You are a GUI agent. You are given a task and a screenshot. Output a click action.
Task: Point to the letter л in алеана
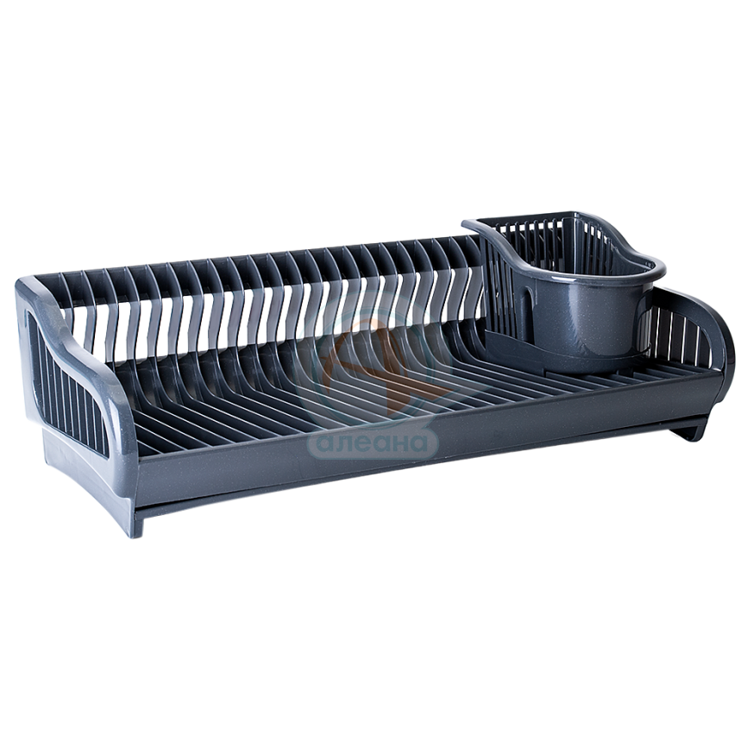[346, 443]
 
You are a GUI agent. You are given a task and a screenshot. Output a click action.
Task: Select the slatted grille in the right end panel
[682, 331]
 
